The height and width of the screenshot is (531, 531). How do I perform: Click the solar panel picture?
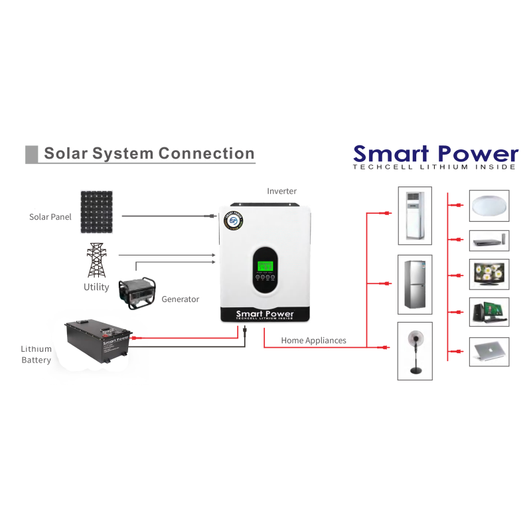pyautogui.click(x=97, y=212)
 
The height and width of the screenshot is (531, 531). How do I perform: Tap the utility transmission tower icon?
pyautogui.click(x=97, y=260)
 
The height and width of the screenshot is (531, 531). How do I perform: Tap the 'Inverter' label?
pyautogui.click(x=281, y=191)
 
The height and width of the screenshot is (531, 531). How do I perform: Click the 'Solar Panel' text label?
pyautogui.click(x=50, y=217)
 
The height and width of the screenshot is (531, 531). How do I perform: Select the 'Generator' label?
pyautogui.click(x=180, y=299)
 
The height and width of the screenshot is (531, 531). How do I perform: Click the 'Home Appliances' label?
pyautogui.click(x=313, y=341)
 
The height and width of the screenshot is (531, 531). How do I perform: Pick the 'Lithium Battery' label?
pyautogui.click(x=36, y=354)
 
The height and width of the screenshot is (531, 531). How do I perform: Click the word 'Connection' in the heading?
pyautogui.click(x=206, y=154)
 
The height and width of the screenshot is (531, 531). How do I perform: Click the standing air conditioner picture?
pyautogui.click(x=415, y=215)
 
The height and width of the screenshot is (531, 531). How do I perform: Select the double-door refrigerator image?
pyautogui.click(x=415, y=284)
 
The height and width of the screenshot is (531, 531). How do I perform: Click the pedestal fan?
pyautogui.click(x=415, y=350)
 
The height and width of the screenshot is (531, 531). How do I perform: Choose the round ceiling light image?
pyautogui.click(x=489, y=206)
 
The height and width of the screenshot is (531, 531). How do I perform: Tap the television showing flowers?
pyautogui.click(x=489, y=273)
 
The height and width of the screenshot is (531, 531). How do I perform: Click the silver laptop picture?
pyautogui.click(x=489, y=351)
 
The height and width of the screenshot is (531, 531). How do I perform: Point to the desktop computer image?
pyautogui.click(x=489, y=312)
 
